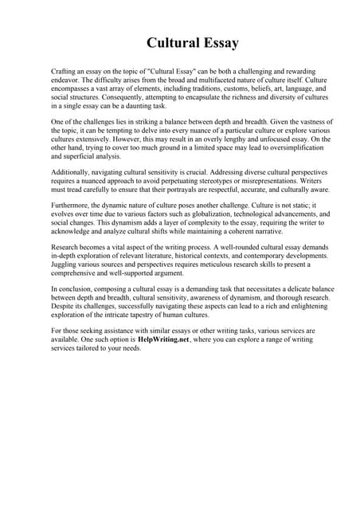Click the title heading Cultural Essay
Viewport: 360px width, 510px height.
(x=180, y=42)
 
